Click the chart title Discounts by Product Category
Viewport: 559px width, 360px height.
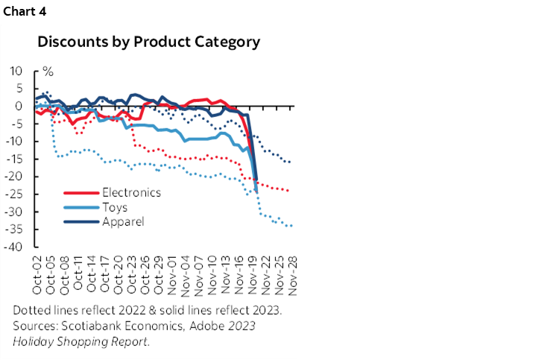click(x=149, y=42)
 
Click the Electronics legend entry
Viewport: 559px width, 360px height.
click(x=130, y=192)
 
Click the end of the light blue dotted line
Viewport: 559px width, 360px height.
click(x=290, y=226)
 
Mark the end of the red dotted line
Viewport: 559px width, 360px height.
click(x=289, y=191)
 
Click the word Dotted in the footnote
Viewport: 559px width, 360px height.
click(x=31, y=311)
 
